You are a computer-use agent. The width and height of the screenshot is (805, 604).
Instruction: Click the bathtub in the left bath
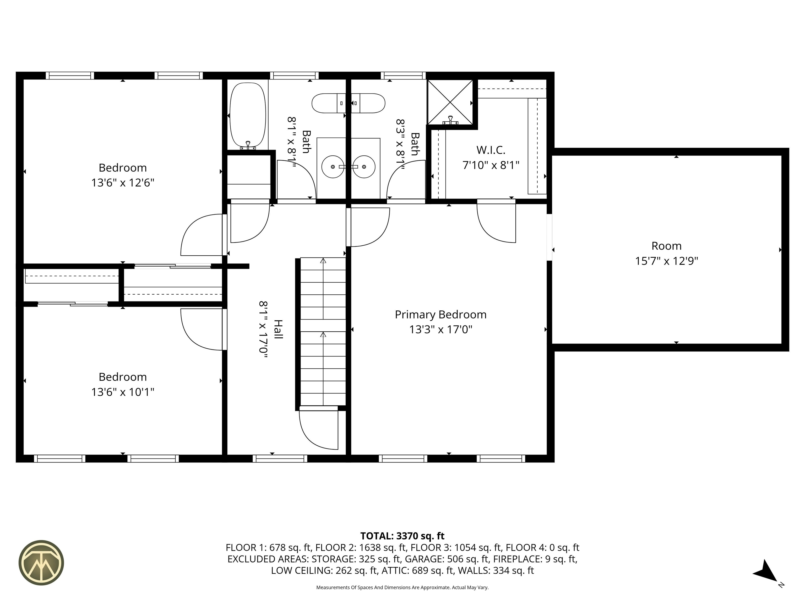coord(248,115)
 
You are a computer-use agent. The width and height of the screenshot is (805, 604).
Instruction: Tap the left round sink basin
coord(333,167)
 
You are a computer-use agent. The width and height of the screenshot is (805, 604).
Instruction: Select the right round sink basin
coord(364,167)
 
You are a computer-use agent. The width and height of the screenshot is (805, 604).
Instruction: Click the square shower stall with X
coord(450,102)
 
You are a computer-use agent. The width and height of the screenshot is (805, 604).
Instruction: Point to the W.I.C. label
coord(491,150)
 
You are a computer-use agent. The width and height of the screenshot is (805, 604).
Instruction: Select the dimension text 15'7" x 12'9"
coord(666,261)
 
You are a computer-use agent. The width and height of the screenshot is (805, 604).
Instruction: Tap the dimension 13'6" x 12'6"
coord(123,182)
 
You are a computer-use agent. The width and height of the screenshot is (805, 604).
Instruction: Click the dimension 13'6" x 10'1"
coord(123,392)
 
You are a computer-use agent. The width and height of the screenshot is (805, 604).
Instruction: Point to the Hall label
coord(278,330)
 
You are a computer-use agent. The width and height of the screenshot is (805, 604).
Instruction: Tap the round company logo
coord(41,563)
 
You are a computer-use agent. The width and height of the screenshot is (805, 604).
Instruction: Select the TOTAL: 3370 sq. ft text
coord(402,536)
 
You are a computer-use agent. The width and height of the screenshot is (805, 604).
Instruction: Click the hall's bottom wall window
coord(280,459)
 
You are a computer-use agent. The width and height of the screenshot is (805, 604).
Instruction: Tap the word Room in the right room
coord(666,246)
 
